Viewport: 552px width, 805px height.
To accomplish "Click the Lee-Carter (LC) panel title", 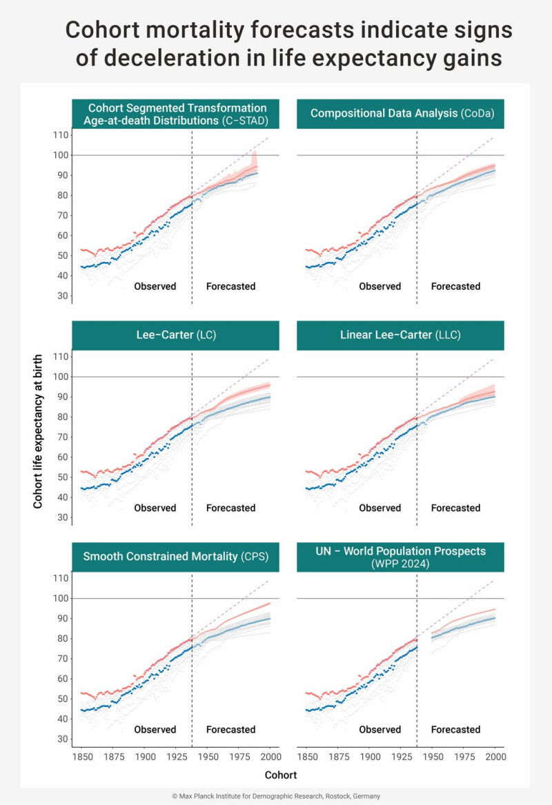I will coord(175,335).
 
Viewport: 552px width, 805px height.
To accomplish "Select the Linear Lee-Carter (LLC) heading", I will coord(400,335).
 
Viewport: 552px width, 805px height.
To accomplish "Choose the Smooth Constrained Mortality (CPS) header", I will coord(175,556).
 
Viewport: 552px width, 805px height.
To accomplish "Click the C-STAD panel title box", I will coord(175,114).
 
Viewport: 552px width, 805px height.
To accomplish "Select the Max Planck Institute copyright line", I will coord(276,795).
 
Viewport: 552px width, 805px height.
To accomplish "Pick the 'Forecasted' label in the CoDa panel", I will coord(455,286).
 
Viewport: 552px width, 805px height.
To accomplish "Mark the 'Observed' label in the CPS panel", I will coord(155,729).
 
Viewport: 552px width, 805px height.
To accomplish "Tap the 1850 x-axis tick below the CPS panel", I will coord(81,757).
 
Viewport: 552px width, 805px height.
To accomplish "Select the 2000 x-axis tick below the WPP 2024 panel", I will coord(494,757).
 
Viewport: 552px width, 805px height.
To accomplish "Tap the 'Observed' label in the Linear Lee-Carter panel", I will coord(379,508).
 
